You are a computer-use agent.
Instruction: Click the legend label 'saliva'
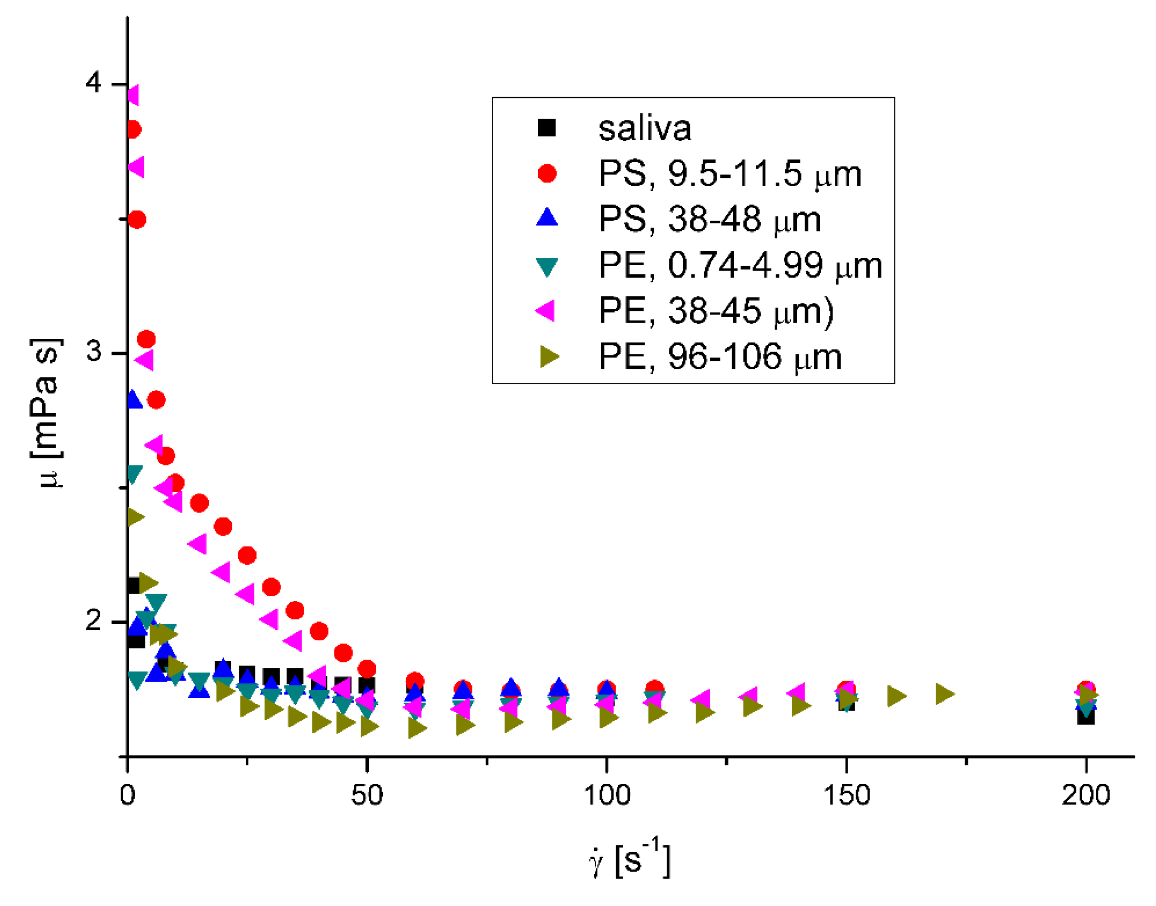(644, 128)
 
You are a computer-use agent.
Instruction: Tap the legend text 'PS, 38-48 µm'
(710, 219)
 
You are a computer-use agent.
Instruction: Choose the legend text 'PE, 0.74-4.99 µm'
(741, 265)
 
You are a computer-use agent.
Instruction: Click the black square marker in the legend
(546, 128)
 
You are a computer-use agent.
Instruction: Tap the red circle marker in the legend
(546, 173)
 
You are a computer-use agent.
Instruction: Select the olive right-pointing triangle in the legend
(549, 356)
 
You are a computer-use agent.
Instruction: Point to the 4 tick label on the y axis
(94, 83)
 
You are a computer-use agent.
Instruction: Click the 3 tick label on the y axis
(94, 351)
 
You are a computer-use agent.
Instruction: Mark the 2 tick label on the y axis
(94, 620)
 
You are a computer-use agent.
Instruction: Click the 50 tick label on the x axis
(367, 795)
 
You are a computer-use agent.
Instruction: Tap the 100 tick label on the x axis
(606, 795)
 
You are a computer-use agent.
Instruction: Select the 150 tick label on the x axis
(846, 795)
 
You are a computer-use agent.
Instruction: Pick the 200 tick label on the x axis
(1086, 795)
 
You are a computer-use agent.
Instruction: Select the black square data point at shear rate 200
(1086, 717)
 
